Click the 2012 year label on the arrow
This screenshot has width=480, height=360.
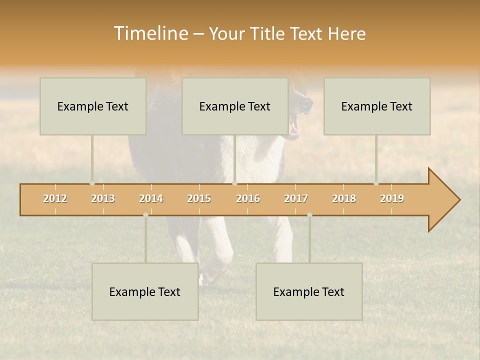point(55,198)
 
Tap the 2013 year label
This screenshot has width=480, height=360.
point(103,198)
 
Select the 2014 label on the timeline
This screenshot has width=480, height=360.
point(151,198)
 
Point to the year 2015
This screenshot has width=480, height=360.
point(199,198)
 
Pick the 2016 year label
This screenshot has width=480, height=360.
point(248,198)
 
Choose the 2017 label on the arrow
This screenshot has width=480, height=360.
point(296,198)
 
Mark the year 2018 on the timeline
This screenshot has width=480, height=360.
point(344,198)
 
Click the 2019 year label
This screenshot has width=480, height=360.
point(392,198)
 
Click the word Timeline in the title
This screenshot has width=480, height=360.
point(149,33)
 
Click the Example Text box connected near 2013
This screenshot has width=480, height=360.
point(93,106)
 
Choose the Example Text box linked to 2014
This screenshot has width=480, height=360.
point(145,291)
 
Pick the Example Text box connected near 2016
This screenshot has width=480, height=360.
point(235,106)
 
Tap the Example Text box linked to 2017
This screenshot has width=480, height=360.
point(309,291)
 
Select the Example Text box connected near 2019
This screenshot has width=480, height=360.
point(377,106)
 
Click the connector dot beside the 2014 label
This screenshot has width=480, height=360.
point(145,215)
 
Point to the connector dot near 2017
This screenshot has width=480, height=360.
point(309,215)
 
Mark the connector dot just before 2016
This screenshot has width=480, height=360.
point(234,183)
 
